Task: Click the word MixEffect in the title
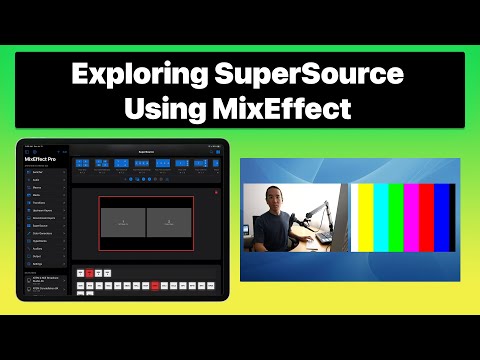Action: [282, 107]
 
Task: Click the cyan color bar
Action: [383, 220]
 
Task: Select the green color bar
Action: [398, 220]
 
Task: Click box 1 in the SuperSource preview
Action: [122, 221]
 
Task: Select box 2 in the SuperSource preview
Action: [168, 221]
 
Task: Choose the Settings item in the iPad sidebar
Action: [40, 262]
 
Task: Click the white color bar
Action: [354, 220]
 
